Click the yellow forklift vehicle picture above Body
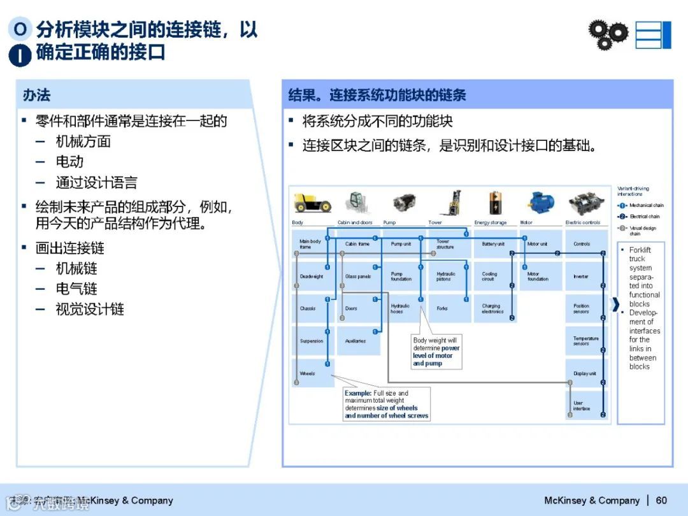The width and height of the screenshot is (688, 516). click(x=312, y=203)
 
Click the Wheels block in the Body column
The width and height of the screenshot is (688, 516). click(x=312, y=373)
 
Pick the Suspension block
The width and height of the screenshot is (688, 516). click(x=312, y=341)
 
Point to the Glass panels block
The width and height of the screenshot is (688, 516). click(x=357, y=276)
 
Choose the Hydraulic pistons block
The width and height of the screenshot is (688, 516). click(x=448, y=276)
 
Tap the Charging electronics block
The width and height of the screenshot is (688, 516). click(x=494, y=308)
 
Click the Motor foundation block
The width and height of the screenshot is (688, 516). click(x=540, y=276)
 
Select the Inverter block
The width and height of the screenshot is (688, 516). click(x=585, y=276)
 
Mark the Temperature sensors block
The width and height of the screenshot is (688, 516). click(x=585, y=341)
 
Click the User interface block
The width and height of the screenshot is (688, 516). click(x=585, y=405)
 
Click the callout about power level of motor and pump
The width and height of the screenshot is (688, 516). click(x=436, y=352)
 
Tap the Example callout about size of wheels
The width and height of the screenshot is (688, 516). click(x=387, y=404)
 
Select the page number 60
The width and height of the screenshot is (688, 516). click(x=661, y=500)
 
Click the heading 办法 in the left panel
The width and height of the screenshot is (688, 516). click(x=36, y=96)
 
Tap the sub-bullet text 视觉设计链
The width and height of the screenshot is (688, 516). click(x=90, y=310)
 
